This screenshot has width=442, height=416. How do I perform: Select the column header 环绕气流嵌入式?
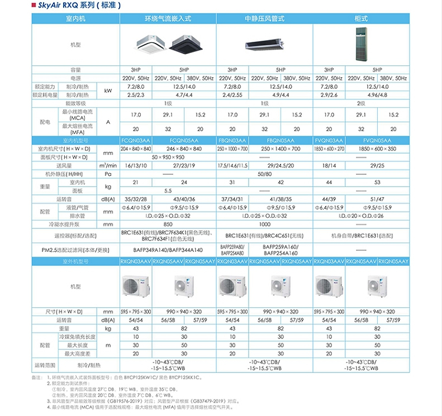168,19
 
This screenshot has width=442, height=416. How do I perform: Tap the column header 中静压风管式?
264,19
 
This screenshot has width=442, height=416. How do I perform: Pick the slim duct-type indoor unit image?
264,43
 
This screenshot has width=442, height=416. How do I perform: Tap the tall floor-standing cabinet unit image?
361,44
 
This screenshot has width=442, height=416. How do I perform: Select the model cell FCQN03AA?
136,141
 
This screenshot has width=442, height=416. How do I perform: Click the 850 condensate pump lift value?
168,224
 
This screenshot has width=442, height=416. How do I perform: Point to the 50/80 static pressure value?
264,174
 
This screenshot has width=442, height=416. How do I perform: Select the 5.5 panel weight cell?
168,191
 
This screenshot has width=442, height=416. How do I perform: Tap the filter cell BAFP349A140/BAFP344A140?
168,249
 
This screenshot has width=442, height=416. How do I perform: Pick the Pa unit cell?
108,174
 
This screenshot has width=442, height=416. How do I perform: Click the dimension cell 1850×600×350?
377,149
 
